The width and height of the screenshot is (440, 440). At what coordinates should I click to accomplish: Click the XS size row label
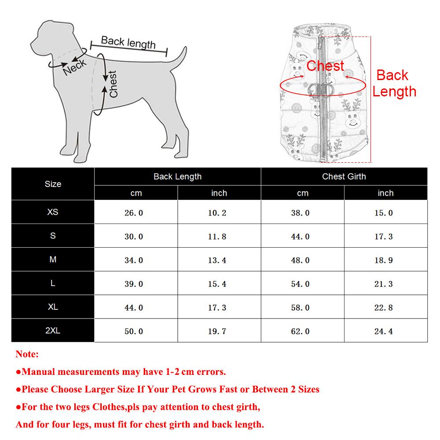click(x=53, y=212)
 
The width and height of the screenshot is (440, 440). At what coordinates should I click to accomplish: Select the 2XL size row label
click(x=53, y=330)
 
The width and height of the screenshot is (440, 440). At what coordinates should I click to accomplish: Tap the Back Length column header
click(x=177, y=176)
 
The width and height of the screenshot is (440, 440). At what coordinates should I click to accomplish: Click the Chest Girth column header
click(x=344, y=176)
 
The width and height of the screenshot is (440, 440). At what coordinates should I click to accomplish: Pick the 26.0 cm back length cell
click(x=134, y=213)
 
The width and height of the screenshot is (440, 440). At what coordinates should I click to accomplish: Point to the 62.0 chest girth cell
click(x=300, y=331)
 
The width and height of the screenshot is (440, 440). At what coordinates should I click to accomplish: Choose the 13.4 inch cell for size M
click(x=217, y=260)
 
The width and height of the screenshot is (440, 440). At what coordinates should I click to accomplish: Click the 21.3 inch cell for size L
click(x=384, y=284)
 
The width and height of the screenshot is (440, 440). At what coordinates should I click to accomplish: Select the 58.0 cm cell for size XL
click(x=300, y=308)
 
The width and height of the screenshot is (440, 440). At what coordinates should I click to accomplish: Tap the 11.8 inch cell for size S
click(x=217, y=237)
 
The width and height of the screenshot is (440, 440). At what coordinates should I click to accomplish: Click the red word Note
click(x=27, y=354)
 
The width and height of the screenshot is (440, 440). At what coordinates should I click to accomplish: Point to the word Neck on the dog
click(x=75, y=66)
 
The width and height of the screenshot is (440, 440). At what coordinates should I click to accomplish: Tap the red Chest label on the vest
click(x=325, y=66)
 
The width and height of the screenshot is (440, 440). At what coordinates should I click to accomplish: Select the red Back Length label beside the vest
click(x=394, y=83)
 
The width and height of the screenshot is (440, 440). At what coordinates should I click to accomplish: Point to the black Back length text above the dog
click(x=128, y=43)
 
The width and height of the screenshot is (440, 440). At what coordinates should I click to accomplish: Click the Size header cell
click(x=53, y=184)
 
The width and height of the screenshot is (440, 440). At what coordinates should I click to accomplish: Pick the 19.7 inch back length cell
click(x=217, y=331)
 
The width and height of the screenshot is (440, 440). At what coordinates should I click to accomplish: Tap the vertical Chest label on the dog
click(x=113, y=84)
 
